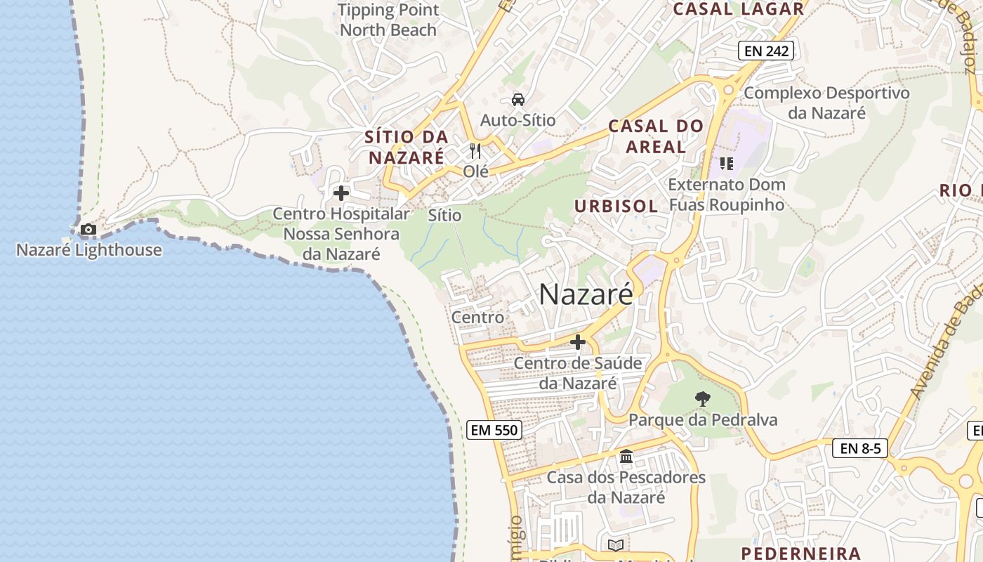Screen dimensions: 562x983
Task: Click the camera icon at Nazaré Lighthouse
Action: point(88,229)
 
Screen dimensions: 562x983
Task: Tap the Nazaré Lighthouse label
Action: point(89,250)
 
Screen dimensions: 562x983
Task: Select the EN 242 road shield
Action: point(765,51)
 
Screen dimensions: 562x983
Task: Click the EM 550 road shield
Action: point(494,430)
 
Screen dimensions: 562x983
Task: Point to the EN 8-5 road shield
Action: point(860,448)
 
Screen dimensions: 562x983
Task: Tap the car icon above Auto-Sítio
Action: point(518,100)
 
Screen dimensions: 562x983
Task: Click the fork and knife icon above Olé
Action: point(476,151)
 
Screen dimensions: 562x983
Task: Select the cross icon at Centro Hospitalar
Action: point(341,193)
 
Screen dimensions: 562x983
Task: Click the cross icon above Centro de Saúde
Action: point(578,343)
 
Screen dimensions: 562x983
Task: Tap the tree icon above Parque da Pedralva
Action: point(702,399)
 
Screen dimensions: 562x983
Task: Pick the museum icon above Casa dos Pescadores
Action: point(626,457)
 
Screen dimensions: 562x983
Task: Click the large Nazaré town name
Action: point(586,295)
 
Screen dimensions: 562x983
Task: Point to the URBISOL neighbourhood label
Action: point(616,207)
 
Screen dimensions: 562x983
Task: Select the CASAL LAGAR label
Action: point(738,9)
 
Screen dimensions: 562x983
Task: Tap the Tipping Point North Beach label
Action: point(388,20)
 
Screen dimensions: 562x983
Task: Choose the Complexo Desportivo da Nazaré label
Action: point(826,103)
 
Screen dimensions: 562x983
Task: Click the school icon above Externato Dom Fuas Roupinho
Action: point(727,164)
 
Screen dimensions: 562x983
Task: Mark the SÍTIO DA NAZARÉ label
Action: point(407,147)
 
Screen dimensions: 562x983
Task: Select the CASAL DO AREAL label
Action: point(656,136)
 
